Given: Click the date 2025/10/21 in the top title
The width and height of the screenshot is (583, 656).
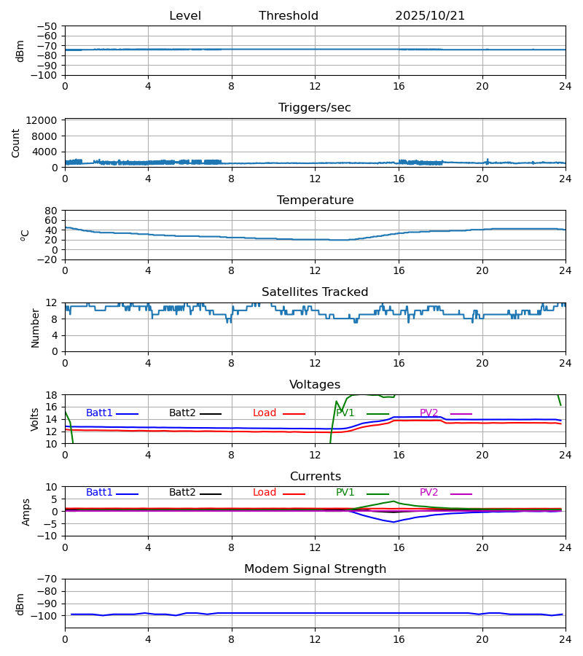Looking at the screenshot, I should click(x=430, y=16).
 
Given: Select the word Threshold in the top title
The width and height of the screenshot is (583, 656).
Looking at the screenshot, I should click(x=289, y=16).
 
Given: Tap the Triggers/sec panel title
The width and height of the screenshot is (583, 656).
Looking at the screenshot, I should click(x=315, y=108).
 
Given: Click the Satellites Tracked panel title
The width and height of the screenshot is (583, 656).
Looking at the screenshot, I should click(x=315, y=292).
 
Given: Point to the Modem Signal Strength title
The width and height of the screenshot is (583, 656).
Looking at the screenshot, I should click(x=315, y=569).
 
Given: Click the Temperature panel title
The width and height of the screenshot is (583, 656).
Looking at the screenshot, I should click(x=315, y=200).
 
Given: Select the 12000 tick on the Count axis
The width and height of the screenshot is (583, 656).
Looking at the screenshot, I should click(x=46, y=120).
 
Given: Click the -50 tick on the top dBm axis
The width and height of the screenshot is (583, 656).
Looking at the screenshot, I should click(x=50, y=26).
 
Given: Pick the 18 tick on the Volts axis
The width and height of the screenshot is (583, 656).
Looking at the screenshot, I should click(x=52, y=395).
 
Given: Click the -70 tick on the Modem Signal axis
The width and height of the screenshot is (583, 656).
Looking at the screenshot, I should click(x=50, y=579).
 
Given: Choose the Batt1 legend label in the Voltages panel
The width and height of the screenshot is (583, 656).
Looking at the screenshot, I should click(x=99, y=413).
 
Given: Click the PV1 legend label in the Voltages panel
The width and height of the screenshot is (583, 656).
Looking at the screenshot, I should click(x=345, y=413).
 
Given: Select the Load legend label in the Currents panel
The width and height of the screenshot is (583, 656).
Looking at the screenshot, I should click(x=265, y=493).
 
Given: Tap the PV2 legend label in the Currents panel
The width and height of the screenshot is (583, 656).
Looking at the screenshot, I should click(x=429, y=493).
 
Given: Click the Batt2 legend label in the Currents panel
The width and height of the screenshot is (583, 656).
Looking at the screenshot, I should click(x=182, y=493).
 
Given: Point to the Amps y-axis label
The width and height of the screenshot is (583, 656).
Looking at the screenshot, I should click(x=26, y=512).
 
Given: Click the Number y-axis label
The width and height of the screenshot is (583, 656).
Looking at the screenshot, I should click(x=36, y=327).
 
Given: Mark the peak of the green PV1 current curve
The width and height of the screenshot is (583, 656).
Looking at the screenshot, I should click(x=394, y=501).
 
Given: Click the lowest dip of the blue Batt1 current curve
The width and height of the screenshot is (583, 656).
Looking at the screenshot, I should click(x=394, y=522).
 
